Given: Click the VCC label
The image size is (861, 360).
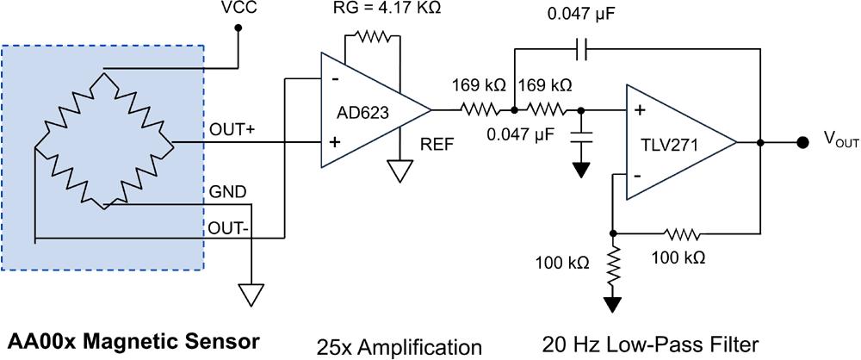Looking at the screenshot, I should click(239, 9).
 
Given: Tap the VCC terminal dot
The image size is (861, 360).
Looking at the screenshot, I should click(239, 28).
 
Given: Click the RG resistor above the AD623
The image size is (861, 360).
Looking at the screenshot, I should click(371, 37).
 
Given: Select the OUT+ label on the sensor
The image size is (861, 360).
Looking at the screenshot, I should click(228, 129).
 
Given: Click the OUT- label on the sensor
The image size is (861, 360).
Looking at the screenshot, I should click(226, 228).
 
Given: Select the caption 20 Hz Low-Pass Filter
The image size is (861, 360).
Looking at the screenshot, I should click(650, 345).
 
